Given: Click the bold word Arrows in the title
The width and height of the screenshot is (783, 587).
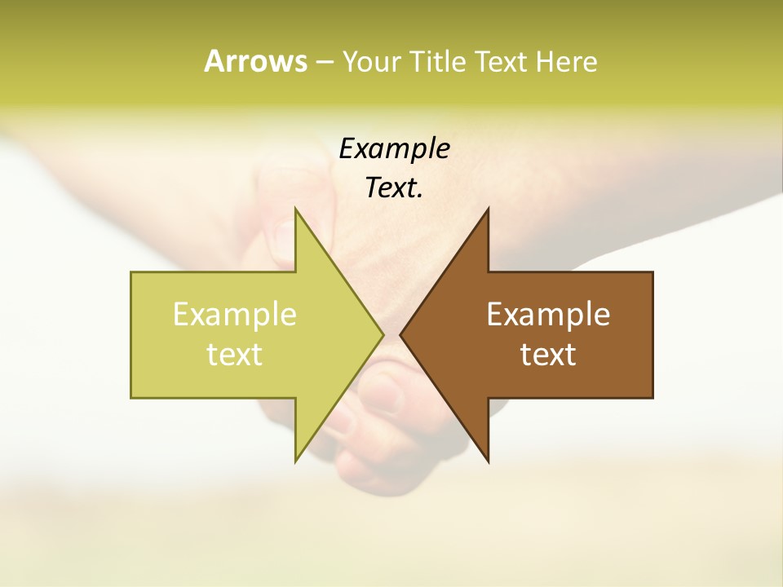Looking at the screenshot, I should [255, 61].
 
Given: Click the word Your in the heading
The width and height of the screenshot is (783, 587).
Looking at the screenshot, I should [371, 61].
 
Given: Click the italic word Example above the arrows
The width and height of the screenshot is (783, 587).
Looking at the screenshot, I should [394, 148].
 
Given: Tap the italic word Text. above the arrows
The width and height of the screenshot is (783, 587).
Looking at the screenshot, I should [394, 188].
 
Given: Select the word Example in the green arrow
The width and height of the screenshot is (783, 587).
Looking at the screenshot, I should [235, 314].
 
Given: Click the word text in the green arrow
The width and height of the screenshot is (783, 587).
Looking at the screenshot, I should [235, 354].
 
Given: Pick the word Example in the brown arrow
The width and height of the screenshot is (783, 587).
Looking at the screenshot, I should [548, 314].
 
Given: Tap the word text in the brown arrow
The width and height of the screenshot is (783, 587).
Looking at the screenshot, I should [548, 354].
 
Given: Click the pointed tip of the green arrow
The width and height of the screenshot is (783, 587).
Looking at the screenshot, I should [383, 334].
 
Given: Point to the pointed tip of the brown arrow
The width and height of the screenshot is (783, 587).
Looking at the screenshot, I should [400, 334].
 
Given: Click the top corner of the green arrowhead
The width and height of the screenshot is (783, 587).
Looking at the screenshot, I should [295, 208].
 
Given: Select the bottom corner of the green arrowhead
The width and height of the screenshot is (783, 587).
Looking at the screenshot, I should [295, 462].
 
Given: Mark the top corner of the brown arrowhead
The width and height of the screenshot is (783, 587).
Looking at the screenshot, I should [488, 208].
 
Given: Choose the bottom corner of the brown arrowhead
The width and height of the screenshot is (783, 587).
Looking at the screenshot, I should [488, 462].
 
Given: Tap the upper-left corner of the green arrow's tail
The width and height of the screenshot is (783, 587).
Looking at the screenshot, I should [131, 272].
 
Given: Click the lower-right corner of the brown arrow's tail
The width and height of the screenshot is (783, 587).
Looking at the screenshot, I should [652, 398].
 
